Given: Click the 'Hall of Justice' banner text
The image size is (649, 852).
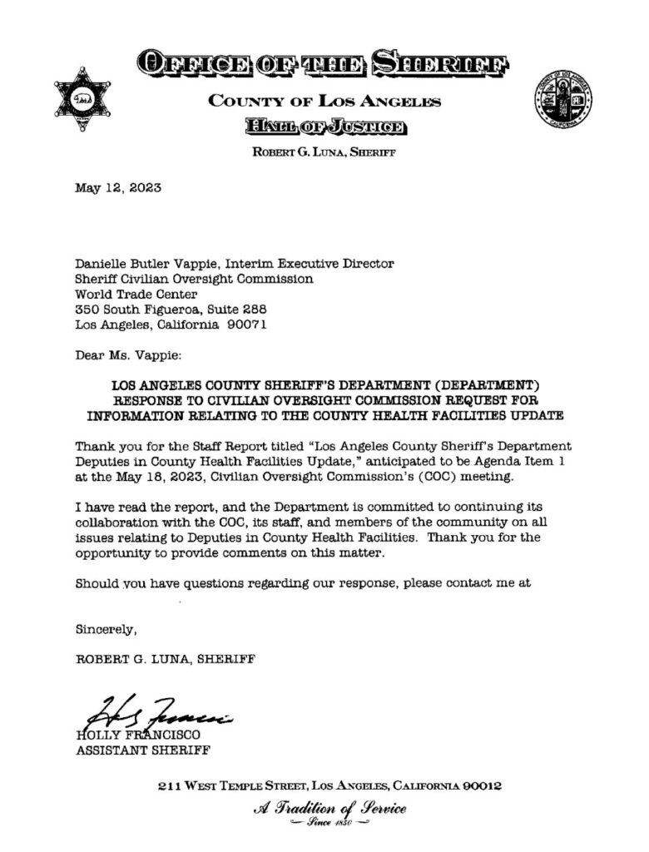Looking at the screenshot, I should (324, 126).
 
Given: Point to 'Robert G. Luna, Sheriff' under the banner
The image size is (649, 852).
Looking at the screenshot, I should (324, 153).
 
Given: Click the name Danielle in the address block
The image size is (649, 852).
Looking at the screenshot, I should (102, 264).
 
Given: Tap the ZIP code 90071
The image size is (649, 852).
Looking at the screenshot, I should (249, 324).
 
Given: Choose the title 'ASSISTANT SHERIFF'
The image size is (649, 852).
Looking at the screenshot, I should (143, 750).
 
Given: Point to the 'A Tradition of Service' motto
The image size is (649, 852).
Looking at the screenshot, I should (329, 808).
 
